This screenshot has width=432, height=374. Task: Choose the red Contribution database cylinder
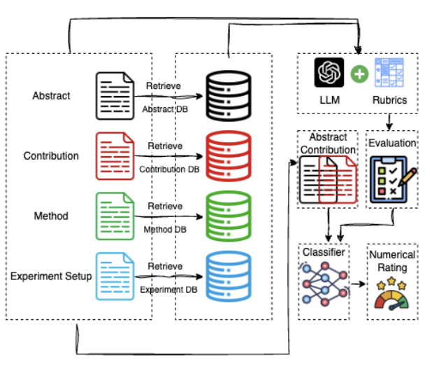tap(228, 155)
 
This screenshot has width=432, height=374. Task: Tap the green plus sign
tap(359, 73)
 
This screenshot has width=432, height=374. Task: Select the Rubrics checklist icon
tap(389, 73)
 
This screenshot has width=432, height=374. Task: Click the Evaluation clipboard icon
tap(391, 179)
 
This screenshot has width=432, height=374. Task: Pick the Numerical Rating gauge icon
tap(391, 293)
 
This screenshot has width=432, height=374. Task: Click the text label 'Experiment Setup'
tap(51, 276)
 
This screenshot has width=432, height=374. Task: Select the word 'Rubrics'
tap(390, 100)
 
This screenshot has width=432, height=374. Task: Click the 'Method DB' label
tap(165, 229)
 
